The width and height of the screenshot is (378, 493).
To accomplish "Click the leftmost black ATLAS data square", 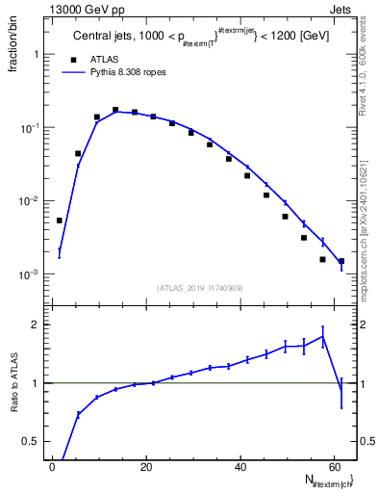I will point(60,221).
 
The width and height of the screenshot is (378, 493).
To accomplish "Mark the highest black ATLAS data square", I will point(115,111).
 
